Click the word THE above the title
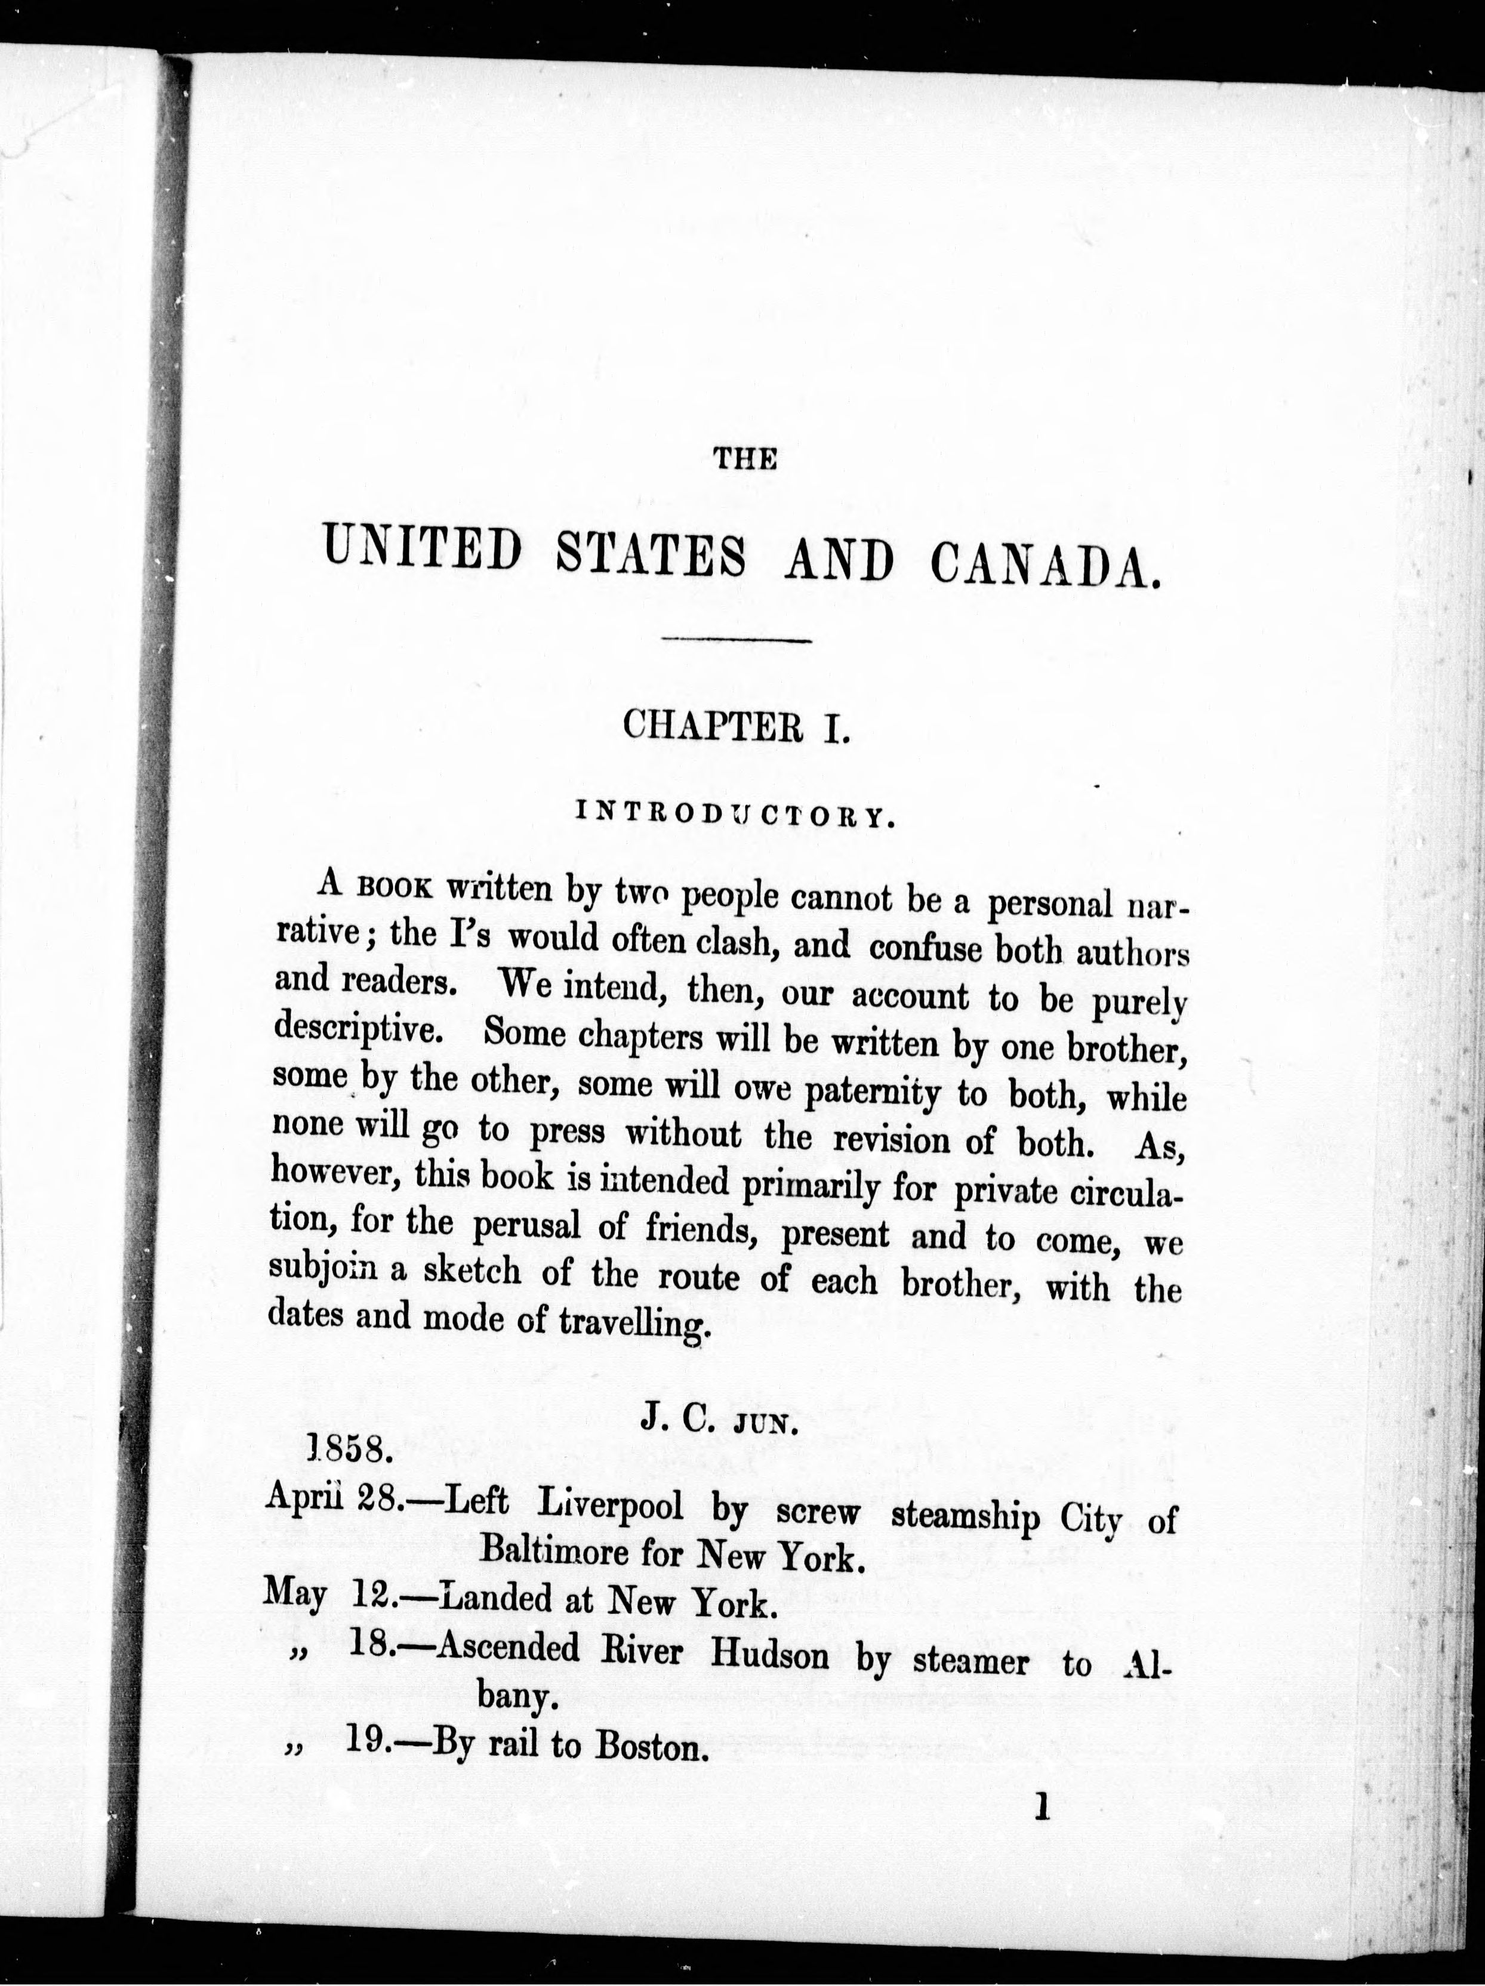744,460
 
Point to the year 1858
349,1447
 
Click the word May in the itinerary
295,1596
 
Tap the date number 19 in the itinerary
367,1743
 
